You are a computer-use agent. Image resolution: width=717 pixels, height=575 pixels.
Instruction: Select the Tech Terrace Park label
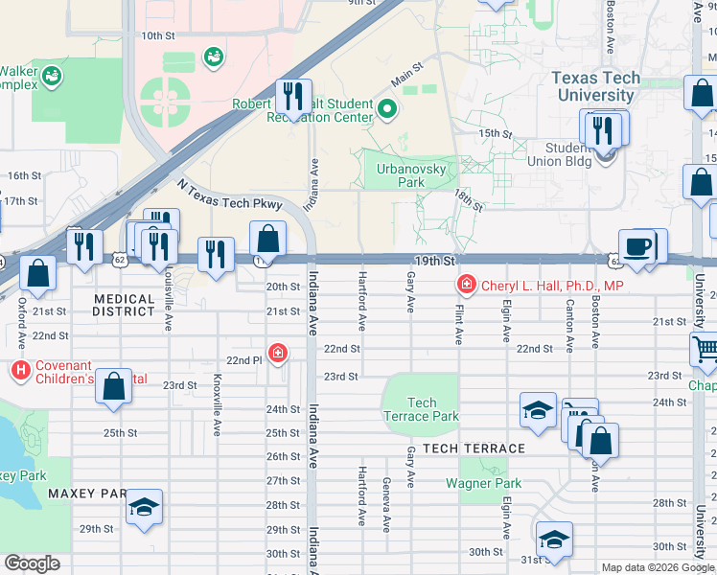point(421,409)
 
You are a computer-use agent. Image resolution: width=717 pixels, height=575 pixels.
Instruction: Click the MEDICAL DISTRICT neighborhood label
point(124,305)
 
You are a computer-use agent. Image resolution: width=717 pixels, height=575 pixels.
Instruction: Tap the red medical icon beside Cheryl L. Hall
point(466,285)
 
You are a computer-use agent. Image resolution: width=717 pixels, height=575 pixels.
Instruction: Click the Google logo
point(33,563)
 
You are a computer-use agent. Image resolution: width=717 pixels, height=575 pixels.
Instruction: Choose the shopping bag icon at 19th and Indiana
point(267,239)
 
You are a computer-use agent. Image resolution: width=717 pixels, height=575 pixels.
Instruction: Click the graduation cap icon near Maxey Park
point(144,507)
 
